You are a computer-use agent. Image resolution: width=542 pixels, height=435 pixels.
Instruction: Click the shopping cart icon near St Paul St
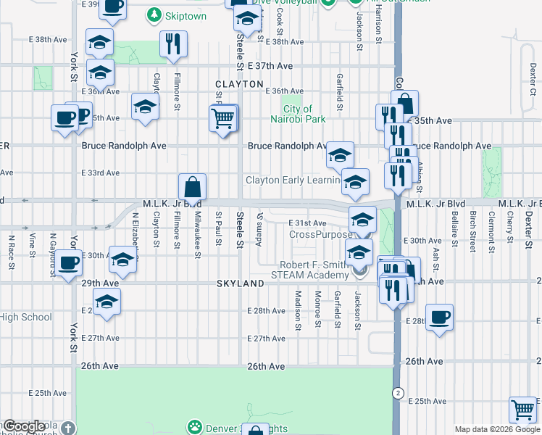[224, 117]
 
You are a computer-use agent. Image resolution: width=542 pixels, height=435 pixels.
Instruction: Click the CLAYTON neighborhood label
[239, 84]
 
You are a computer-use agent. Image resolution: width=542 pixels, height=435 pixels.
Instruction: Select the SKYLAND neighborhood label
[239, 284]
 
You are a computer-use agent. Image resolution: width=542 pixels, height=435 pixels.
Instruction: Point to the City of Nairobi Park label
[293, 114]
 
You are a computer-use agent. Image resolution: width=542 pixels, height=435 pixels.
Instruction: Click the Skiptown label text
[186, 16]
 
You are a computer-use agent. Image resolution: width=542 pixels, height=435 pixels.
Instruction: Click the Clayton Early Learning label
[293, 180]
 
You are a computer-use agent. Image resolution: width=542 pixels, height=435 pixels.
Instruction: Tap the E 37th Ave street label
[270, 66]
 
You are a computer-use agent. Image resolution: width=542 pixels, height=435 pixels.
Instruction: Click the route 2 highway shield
[397, 393]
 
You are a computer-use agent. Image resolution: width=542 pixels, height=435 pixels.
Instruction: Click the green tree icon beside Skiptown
[154, 15]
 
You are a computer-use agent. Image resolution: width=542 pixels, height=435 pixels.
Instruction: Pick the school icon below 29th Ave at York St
[107, 302]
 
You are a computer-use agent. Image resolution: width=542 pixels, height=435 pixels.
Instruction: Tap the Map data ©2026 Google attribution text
[496, 429]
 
